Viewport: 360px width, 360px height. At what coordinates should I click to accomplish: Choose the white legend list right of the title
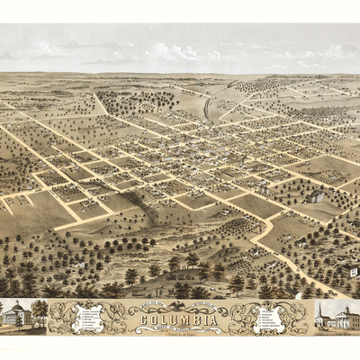point(270,318)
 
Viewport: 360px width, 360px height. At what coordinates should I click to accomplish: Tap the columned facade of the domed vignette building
point(16,317)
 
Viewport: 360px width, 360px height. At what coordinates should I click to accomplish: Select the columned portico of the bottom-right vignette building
point(345,319)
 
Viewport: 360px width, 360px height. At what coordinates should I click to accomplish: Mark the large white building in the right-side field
point(315,196)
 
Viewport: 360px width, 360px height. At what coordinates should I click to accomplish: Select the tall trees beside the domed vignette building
point(40,311)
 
